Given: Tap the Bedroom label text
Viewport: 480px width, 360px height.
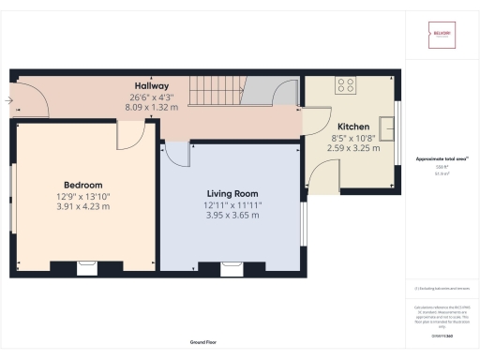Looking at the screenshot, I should (x=82, y=185).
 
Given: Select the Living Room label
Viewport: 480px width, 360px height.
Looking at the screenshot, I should (x=232, y=193).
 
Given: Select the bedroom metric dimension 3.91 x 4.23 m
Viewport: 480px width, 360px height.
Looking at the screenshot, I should (x=82, y=206).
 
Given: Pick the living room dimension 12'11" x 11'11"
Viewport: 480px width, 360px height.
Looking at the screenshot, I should (x=232, y=204).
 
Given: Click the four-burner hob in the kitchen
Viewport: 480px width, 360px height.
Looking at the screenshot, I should (x=346, y=86).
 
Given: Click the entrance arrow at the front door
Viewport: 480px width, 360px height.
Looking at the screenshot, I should (x=8, y=97).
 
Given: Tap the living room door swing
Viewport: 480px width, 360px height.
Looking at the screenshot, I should (x=175, y=155).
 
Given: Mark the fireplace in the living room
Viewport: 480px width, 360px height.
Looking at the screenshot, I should (x=229, y=269).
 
